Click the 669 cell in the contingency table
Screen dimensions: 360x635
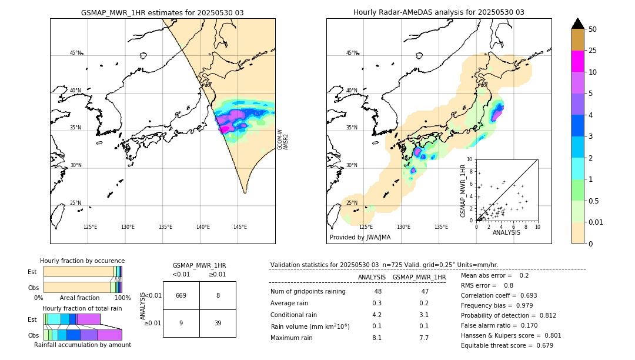[181, 295]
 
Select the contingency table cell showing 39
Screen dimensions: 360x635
[218, 323]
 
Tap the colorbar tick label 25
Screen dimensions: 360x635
[593, 51]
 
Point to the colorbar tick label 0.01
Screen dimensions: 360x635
[596, 222]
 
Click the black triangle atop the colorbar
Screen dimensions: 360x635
[578, 24]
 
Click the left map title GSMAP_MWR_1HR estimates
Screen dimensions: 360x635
[162, 12]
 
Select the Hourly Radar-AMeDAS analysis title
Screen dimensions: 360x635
[439, 12]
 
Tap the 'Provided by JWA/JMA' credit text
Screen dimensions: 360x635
[360, 237]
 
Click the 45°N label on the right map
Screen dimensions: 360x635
[352, 53]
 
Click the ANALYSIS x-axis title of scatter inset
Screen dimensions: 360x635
[506, 232]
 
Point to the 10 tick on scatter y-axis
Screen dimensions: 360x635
[470, 159]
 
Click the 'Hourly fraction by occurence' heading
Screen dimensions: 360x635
[82, 261]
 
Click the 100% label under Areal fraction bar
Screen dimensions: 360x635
[122, 298]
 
